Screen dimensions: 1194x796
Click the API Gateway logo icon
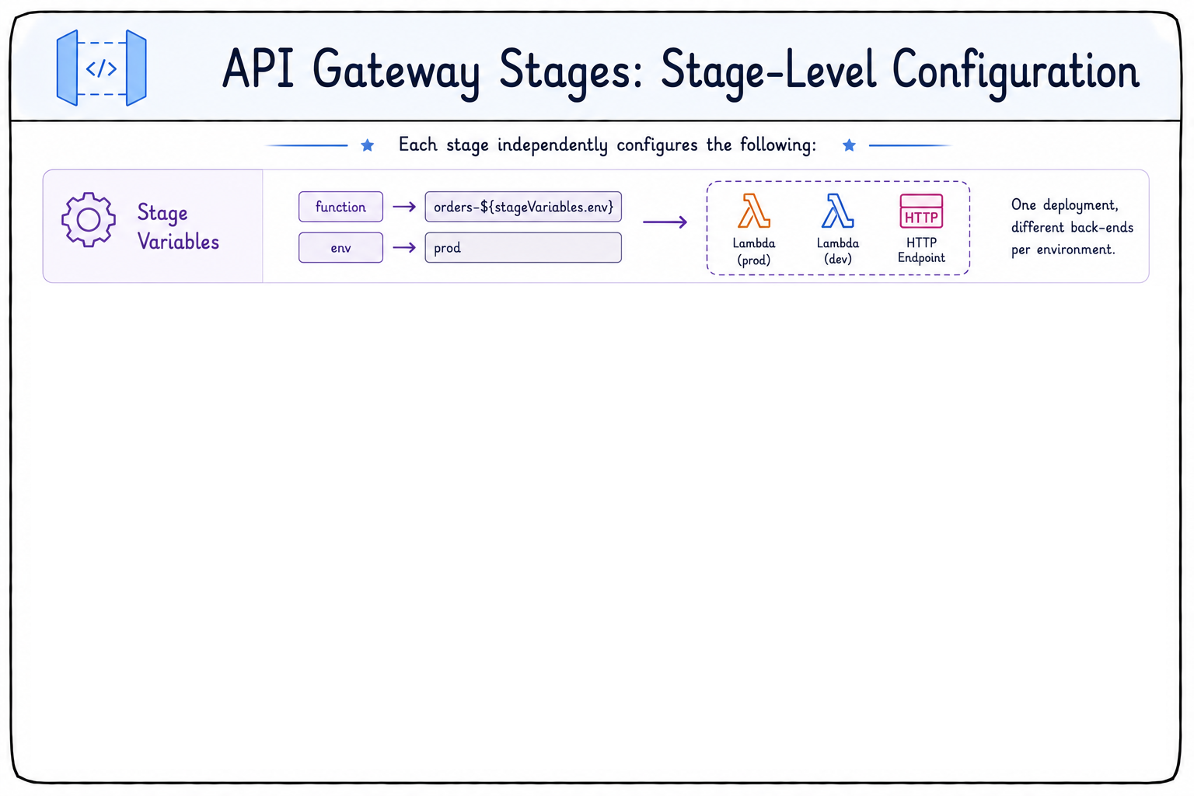[101, 68]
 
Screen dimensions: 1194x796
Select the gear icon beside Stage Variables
[89, 220]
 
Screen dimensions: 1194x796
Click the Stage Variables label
[178, 227]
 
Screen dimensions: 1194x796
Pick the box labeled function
[340, 207]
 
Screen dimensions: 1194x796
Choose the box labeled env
[340, 248]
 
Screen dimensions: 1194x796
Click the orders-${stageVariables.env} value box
[523, 207]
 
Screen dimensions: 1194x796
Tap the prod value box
[523, 248]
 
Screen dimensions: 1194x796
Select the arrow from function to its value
[404, 207]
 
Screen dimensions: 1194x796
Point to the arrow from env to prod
[404, 248]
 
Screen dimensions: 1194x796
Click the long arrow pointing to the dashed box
[665, 222]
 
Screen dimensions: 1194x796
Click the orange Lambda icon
[754, 211]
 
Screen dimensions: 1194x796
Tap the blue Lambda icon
[837, 211]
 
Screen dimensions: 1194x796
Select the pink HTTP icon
[921, 211]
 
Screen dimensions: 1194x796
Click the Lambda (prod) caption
[754, 252]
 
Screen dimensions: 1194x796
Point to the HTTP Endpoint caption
[921, 250]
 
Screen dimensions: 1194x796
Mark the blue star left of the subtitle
[367, 145]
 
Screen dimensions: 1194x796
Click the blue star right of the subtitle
[849, 145]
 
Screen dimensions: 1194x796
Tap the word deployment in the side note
[1081, 206]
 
